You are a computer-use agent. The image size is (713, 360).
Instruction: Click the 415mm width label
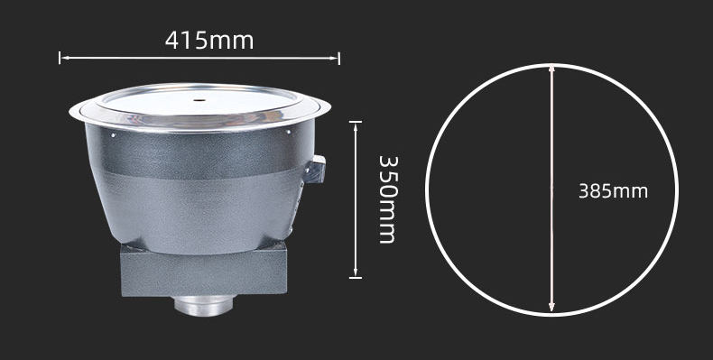tap(209, 41)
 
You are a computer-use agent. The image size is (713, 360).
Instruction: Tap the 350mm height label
tap(388, 199)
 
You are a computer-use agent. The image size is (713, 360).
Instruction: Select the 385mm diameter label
tap(613, 191)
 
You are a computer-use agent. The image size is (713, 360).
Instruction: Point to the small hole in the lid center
tap(199, 99)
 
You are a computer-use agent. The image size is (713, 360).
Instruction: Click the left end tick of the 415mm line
tap(60, 58)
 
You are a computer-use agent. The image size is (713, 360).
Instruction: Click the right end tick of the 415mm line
tap(338, 58)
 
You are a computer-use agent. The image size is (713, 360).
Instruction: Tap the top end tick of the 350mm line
tap(356, 122)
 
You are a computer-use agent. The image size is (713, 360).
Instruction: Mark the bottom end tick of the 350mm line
tap(356, 277)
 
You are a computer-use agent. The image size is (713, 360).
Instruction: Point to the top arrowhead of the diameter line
tap(551, 69)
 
